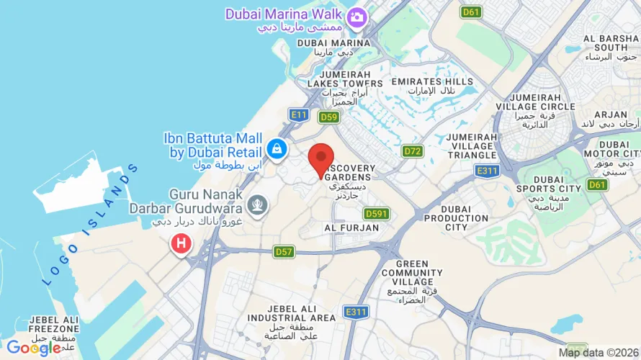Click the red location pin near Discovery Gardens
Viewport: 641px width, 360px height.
pos(321,158)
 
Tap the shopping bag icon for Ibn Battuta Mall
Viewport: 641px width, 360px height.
pos(276,149)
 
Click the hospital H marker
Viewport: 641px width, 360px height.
pos(181,243)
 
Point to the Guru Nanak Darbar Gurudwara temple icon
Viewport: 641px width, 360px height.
pos(256,205)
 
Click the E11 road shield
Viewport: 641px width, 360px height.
pos(298,114)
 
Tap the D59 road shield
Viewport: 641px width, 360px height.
pos(329,117)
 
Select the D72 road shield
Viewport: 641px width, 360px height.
pos(412,151)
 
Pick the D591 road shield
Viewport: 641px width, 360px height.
pos(377,213)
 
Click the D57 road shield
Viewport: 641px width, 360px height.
pos(284,251)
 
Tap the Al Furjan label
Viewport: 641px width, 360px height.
pos(351,228)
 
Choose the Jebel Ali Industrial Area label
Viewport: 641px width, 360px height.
pos(291,317)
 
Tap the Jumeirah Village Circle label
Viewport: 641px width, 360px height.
pos(545,106)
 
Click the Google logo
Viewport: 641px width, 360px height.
pos(33,348)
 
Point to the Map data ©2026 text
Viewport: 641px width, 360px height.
pos(597,352)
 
